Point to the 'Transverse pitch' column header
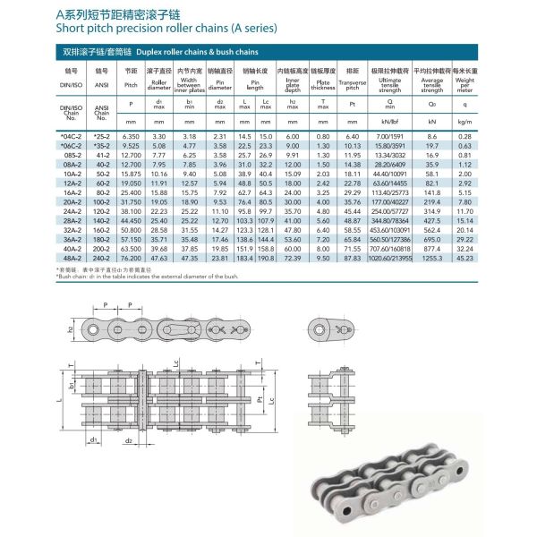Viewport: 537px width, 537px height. pyautogui.click(x=351, y=83)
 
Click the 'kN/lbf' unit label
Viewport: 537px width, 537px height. pyautogui.click(x=390, y=122)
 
